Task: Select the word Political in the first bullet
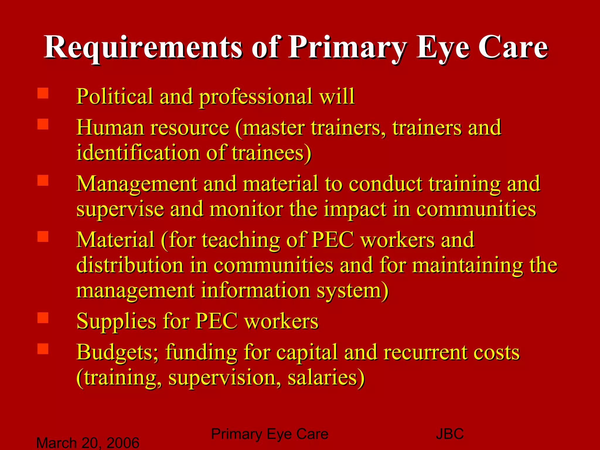coord(115,96)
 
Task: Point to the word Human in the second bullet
coord(110,128)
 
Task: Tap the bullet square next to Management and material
coord(43,180)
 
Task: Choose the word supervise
coord(120,209)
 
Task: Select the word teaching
coord(241,240)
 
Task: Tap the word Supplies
coord(116,322)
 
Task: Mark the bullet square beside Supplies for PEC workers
coord(43,318)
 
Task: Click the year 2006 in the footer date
coord(123,443)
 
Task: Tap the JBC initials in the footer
coord(450,434)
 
